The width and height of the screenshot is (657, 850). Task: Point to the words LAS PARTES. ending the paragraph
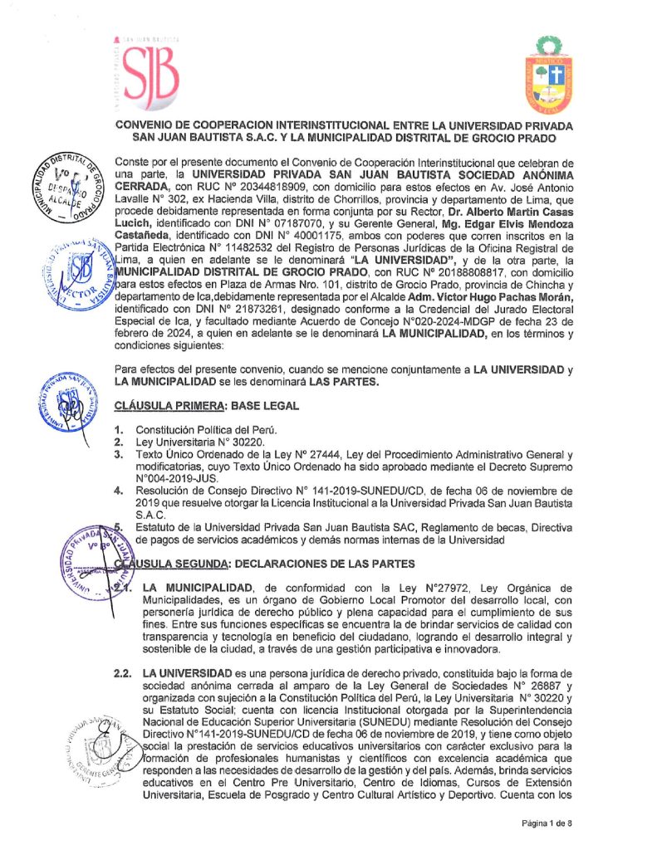[337, 382]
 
